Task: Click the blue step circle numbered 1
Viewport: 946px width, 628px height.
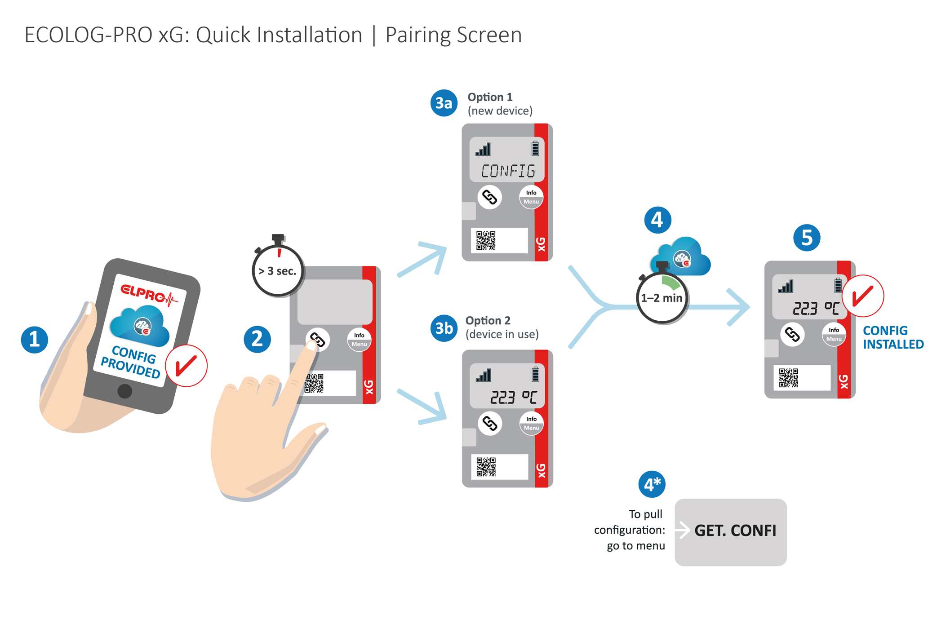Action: click(x=34, y=339)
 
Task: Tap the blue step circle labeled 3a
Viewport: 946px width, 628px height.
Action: click(x=444, y=103)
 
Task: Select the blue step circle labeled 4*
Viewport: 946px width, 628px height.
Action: click(x=652, y=484)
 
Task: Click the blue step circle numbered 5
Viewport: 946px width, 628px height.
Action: click(x=806, y=238)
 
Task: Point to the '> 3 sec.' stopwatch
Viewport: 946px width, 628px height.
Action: click(x=277, y=270)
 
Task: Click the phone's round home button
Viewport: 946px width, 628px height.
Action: click(x=124, y=391)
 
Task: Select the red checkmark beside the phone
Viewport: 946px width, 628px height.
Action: click(x=186, y=365)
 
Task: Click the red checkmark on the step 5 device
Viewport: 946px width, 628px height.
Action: click(x=862, y=296)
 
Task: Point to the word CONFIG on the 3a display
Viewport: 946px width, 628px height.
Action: click(x=508, y=171)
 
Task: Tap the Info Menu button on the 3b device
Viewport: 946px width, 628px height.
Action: click(x=531, y=423)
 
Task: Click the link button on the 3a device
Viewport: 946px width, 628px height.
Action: click(x=489, y=197)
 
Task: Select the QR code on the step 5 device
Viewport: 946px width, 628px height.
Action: click(x=788, y=378)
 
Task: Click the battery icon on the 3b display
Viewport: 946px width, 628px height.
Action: click(x=535, y=374)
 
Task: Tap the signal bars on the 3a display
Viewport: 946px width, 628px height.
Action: click(x=484, y=149)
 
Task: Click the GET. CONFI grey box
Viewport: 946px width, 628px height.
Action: click(x=730, y=532)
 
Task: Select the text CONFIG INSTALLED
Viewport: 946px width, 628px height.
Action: click(x=893, y=337)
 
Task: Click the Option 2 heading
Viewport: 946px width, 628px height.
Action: click(x=488, y=320)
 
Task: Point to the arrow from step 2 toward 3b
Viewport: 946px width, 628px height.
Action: click(x=423, y=407)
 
